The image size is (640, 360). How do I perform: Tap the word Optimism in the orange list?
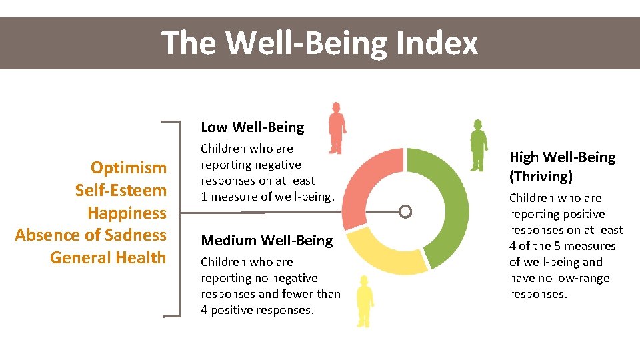pyautogui.click(x=129, y=167)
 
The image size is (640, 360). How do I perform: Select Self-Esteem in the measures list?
pyautogui.click(x=121, y=190)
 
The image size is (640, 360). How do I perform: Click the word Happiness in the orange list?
pyautogui.click(x=127, y=213)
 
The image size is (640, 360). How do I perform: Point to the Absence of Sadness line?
pyautogui.click(x=91, y=235)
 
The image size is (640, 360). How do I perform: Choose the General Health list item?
pyautogui.click(x=108, y=257)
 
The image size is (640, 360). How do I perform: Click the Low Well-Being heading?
pyautogui.click(x=252, y=127)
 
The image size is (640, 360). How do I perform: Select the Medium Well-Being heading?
pyautogui.click(x=267, y=240)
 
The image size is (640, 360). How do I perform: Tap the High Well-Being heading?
pyautogui.click(x=563, y=157)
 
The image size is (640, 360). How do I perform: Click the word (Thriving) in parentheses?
pyautogui.click(x=541, y=177)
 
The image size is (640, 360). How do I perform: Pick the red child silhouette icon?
pyautogui.click(x=337, y=128)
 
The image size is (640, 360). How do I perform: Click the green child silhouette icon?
pyautogui.click(x=478, y=145)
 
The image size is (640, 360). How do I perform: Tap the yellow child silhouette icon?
pyautogui.click(x=363, y=301)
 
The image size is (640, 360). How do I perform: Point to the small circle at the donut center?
pyautogui.click(x=405, y=212)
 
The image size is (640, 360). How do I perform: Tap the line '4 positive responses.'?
pyautogui.click(x=257, y=310)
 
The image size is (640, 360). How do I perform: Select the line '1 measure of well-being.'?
pyautogui.click(x=267, y=197)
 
